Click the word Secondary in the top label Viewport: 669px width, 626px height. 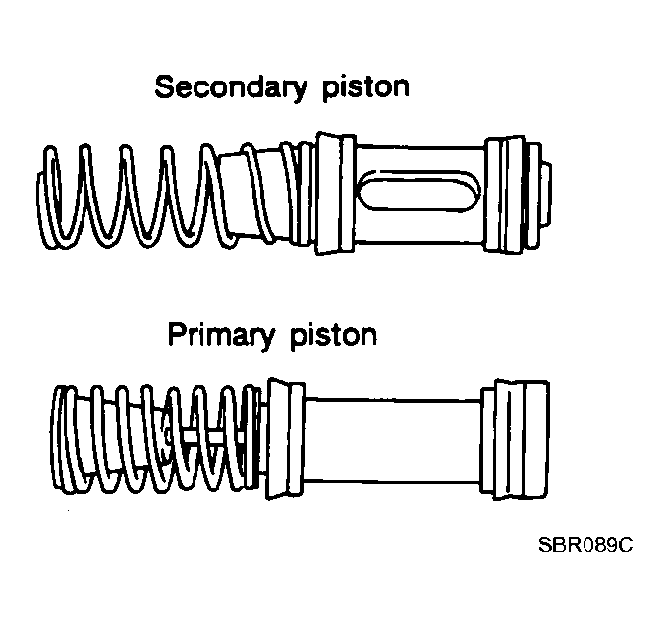click(x=231, y=87)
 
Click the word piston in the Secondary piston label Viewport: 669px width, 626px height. click(x=365, y=87)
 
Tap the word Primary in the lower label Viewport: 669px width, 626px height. click(x=221, y=335)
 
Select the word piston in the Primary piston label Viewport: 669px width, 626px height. click(x=333, y=335)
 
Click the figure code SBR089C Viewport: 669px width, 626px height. click(x=585, y=544)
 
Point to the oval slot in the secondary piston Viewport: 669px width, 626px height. click(x=418, y=191)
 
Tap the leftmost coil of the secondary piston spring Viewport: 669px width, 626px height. click(x=48, y=198)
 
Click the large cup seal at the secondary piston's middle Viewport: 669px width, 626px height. click(x=335, y=193)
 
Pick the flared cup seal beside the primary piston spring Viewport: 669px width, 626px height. click(x=284, y=438)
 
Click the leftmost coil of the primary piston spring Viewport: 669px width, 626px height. click(x=60, y=439)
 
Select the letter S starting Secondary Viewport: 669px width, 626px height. click(x=165, y=87)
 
